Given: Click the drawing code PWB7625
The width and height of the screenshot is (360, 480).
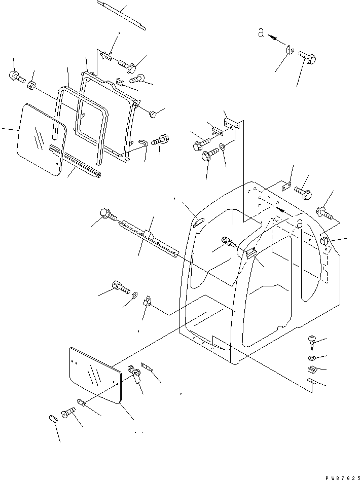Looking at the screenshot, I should pyautogui.click(x=338, y=476).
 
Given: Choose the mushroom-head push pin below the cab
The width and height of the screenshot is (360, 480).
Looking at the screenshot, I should pyautogui.click(x=312, y=342).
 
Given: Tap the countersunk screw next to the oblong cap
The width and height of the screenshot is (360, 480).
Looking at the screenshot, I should pyautogui.click(x=68, y=414).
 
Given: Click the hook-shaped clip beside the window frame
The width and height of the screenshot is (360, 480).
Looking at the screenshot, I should pyautogui.click(x=142, y=143).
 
